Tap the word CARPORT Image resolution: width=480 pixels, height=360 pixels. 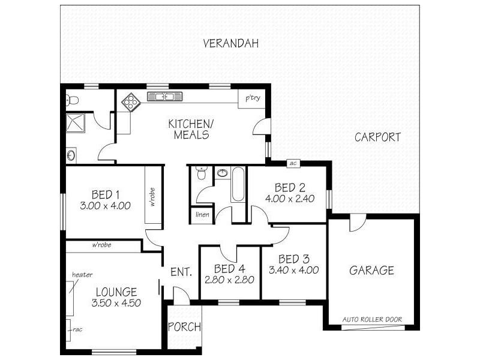[377, 137]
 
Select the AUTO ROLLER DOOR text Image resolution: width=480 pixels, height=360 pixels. [372, 319]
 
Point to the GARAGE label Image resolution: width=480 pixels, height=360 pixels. [371, 271]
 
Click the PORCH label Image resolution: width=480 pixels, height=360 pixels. [184, 327]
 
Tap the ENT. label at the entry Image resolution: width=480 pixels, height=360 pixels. [181, 272]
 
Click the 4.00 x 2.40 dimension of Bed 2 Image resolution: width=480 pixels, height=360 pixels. [290, 199]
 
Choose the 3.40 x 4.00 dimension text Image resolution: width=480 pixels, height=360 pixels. [294, 270]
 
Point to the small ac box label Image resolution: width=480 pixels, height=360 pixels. [293, 163]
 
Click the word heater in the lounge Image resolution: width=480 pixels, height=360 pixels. [82, 275]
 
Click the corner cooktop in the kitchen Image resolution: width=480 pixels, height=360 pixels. [130, 103]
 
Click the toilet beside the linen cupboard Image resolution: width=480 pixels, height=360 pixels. [202, 174]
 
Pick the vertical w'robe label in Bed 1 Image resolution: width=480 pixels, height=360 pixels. [153, 196]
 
